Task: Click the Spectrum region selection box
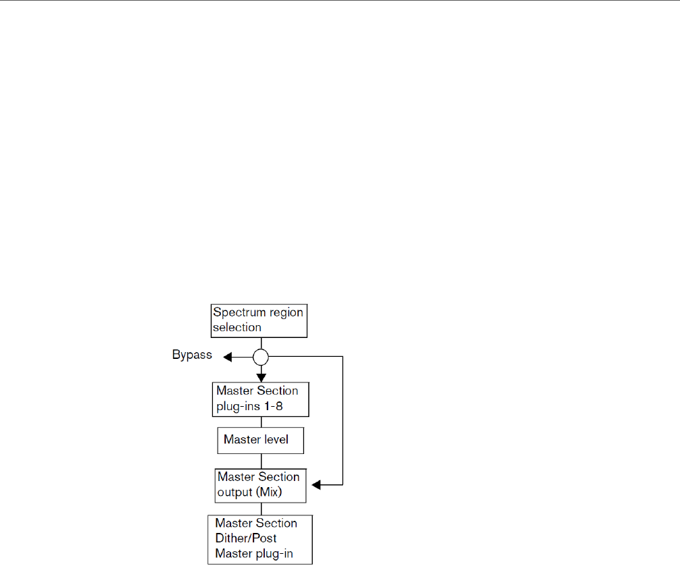[x=259, y=320]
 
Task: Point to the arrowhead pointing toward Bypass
[x=228, y=357]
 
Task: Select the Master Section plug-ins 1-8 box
[x=261, y=399]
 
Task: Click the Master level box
[x=261, y=440]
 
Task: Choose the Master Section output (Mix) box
[x=261, y=484]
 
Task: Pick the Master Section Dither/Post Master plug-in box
[x=261, y=540]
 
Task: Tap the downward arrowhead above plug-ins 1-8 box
[x=261, y=376]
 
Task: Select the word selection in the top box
[x=237, y=327]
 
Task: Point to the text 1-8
[x=286, y=407]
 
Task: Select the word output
[x=233, y=492]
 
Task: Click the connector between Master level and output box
[x=261, y=461]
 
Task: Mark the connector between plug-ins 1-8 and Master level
[x=261, y=422]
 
